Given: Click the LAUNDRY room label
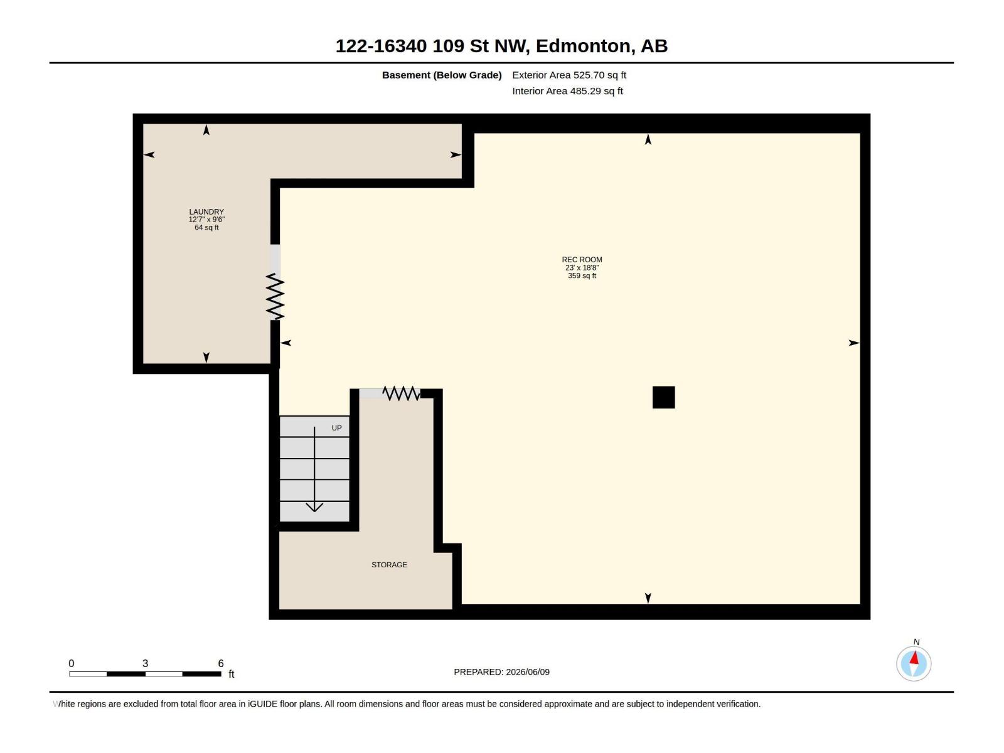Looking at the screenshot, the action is pos(206,211).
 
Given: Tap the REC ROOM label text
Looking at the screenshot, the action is pos(582,260).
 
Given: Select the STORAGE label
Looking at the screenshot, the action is pos(389,565).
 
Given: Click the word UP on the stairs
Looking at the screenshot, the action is pos(336,428).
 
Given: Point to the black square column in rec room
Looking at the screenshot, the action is pos(663,397).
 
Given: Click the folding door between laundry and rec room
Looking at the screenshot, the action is pos(275,296).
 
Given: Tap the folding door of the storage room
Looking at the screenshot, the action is pos(401,393).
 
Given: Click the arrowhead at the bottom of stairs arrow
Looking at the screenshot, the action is pos(314,507).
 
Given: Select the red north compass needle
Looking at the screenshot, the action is pos(914,658).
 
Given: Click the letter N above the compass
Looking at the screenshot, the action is pos(916,642).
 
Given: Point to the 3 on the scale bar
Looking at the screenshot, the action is pos(145,663).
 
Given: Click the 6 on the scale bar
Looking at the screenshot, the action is pos(220,663).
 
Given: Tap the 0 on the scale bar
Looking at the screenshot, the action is pos(72,663).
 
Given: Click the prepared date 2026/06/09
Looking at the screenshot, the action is pos(527,672).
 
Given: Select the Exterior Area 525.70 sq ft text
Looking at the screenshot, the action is pos(569,75).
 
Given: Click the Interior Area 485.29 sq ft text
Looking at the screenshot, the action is pos(567,91).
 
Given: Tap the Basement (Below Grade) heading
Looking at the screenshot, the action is pos(442,75).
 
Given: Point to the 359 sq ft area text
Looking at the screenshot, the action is pos(582,275).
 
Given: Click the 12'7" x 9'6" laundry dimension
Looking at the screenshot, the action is pos(206,220).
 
